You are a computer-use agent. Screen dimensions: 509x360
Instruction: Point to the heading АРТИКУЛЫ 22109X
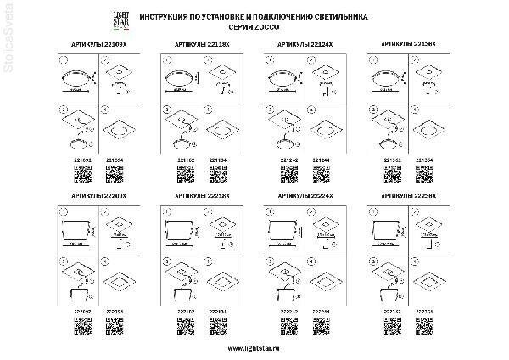tap(87, 41)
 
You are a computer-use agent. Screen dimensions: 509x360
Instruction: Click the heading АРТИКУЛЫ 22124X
tap(303, 41)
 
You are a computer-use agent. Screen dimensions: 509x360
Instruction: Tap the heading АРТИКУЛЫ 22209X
tap(88, 195)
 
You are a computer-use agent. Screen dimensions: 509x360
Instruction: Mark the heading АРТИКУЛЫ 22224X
tap(304, 195)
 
